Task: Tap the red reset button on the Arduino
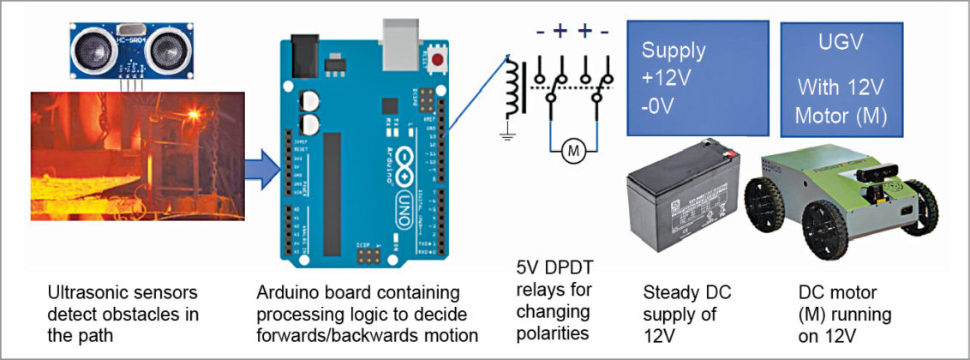(439, 61)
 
